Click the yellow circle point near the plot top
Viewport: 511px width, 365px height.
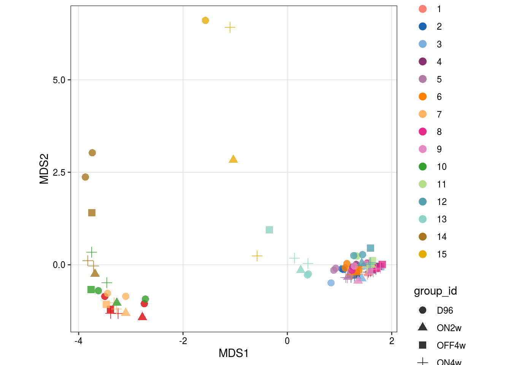pyautogui.click(x=205, y=21)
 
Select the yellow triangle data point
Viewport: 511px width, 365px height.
pyautogui.click(x=233, y=159)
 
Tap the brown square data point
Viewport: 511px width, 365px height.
pyautogui.click(x=92, y=213)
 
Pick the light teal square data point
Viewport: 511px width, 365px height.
pyautogui.click(x=269, y=230)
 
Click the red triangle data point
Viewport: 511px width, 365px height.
pyautogui.click(x=142, y=317)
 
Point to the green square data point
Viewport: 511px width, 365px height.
pyautogui.click(x=91, y=290)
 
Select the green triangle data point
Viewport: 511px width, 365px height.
pyautogui.click(x=117, y=302)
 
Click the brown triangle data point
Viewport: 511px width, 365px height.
pyautogui.click(x=95, y=273)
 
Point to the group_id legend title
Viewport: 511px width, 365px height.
pyautogui.click(x=435, y=291)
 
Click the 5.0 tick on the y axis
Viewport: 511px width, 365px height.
pyautogui.click(x=59, y=80)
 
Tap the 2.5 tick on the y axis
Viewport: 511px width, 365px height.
pyautogui.click(x=59, y=173)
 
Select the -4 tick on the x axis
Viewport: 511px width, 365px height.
pyautogui.click(x=78, y=341)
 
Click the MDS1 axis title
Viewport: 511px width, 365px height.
pyautogui.click(x=233, y=353)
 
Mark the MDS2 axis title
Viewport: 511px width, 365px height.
pyautogui.click(x=44, y=169)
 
